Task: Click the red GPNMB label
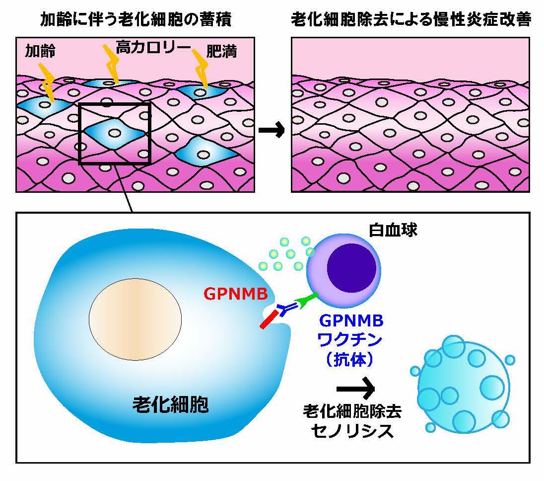click(236, 294)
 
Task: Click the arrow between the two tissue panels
click(272, 131)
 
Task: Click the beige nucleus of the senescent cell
click(135, 318)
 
